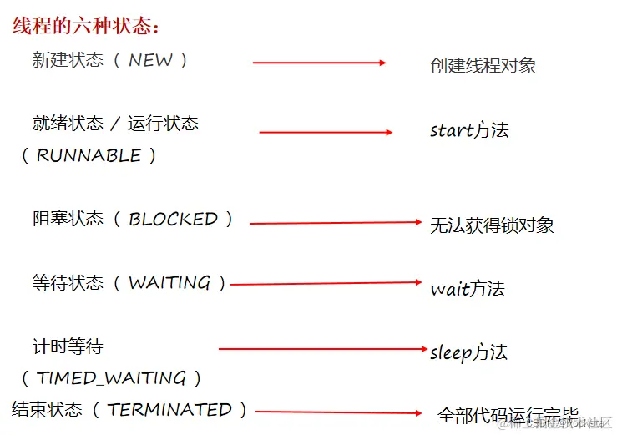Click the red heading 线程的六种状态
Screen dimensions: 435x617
[x=86, y=26]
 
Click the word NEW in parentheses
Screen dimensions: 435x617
[x=150, y=60]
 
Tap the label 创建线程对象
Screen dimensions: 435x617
[x=483, y=65]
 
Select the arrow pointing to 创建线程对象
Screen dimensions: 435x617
[x=319, y=63]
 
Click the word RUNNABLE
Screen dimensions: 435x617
[x=89, y=155]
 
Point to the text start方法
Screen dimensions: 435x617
[x=468, y=130]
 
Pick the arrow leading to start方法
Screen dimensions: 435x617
[x=326, y=132]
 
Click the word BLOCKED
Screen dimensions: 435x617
[x=173, y=219]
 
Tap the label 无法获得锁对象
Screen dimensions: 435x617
[x=491, y=225]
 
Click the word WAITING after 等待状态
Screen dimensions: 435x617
[x=169, y=283]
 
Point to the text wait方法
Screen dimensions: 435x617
[x=467, y=289]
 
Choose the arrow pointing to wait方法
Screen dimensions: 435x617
[x=326, y=284]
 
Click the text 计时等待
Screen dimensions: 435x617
[x=68, y=346]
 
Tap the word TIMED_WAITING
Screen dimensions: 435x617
[x=111, y=378]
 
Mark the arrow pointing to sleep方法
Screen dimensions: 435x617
[x=324, y=349]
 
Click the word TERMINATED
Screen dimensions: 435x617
[x=169, y=410]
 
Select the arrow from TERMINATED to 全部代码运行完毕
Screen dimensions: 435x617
[x=338, y=412]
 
